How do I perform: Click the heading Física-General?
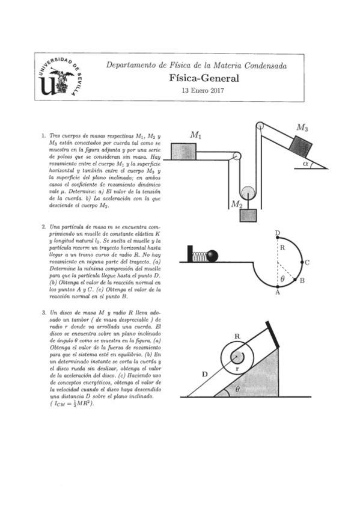[204, 78]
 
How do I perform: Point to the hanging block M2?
[246, 215]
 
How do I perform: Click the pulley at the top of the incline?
[260, 126]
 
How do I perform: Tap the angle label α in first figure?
[306, 162]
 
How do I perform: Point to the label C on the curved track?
[307, 262]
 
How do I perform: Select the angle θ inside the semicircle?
[283, 279]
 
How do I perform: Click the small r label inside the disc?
[238, 368]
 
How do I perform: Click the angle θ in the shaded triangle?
[237, 389]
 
